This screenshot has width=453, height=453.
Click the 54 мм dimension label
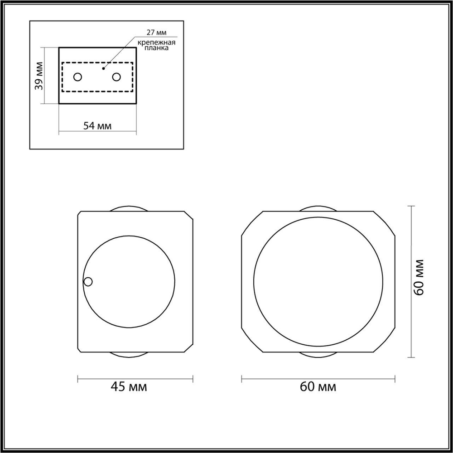click(97, 126)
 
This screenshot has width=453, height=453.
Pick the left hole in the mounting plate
click(78, 77)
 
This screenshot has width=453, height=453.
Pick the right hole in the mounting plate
click(117, 77)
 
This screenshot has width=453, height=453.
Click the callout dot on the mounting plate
click(104, 68)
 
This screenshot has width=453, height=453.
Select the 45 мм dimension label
click(129, 387)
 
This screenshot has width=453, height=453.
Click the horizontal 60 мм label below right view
click(318, 387)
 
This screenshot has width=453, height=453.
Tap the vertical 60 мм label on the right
click(419, 277)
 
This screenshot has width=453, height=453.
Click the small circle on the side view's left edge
click(88, 282)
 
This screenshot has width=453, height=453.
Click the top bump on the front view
click(318, 209)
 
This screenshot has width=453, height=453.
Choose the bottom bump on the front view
click(318, 355)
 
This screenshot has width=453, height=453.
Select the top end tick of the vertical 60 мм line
click(411, 206)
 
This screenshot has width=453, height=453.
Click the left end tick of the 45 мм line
click(78, 379)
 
